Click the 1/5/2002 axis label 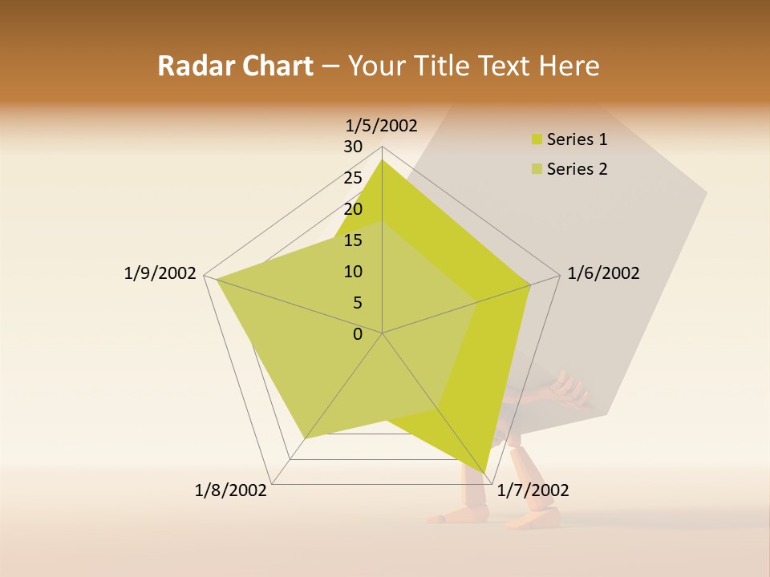(382, 125)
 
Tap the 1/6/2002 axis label (603, 273)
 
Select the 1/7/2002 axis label (533, 490)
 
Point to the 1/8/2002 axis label (231, 490)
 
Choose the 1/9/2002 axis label (160, 273)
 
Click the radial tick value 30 (353, 147)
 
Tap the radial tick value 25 (353, 178)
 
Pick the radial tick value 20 (353, 209)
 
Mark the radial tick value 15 (353, 240)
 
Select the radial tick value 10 (353, 272)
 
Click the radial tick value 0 (358, 334)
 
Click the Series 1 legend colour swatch (537, 139)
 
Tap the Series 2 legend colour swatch (537, 169)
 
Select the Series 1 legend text (577, 139)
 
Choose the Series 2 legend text (577, 169)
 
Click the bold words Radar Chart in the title (235, 66)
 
